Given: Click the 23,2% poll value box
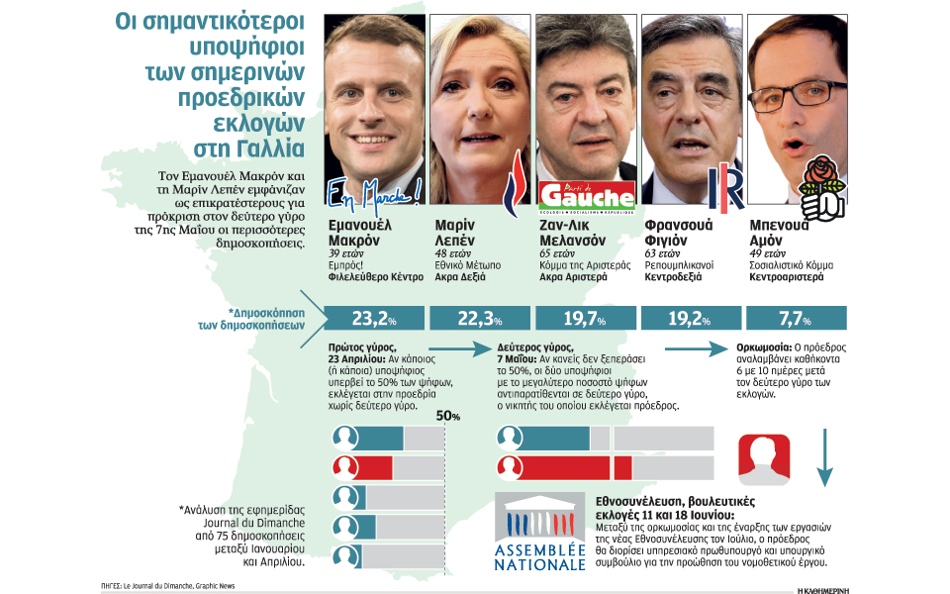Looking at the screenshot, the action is pyautogui.click(x=374, y=318).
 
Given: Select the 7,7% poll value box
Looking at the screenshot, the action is pyautogui.click(x=796, y=318).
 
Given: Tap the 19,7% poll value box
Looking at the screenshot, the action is pyautogui.click(x=585, y=318).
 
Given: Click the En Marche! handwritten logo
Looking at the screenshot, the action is pyautogui.click(x=374, y=196).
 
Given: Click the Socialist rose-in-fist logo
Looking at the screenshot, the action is pyautogui.click(x=822, y=188).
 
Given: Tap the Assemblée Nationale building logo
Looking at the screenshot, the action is pyautogui.click(x=540, y=532).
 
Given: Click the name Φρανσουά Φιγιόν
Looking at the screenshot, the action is pyautogui.click(x=679, y=233).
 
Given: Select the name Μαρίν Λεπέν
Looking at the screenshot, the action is pyautogui.click(x=454, y=233).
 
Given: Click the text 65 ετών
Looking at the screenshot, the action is pyautogui.click(x=557, y=254).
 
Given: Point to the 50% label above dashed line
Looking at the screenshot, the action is pyautogui.click(x=447, y=417).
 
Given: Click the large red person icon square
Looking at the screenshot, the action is pyautogui.click(x=764, y=459).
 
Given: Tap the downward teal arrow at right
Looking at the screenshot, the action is pyautogui.click(x=824, y=457).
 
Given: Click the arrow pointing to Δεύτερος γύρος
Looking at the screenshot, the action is pyautogui.click(x=460, y=349).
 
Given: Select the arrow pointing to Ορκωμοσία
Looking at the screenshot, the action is pyautogui.click(x=697, y=349).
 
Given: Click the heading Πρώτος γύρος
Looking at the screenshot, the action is pyautogui.click(x=362, y=347).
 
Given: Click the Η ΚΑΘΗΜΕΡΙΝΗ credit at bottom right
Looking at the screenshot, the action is pyautogui.click(x=822, y=590).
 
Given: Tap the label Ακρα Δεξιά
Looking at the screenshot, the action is pyautogui.click(x=460, y=277).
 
